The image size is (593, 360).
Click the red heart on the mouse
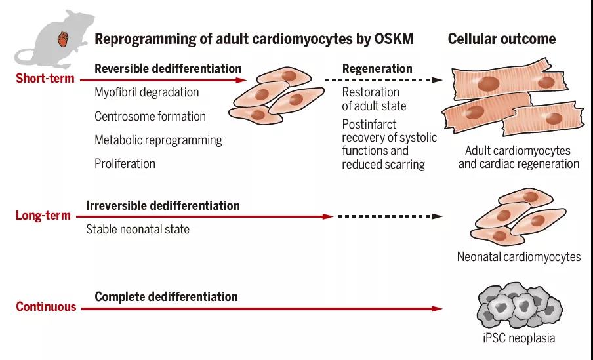[x=63, y=39]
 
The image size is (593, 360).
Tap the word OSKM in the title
[x=394, y=39]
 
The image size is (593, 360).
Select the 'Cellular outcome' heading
[x=502, y=39]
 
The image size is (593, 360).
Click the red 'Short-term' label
[x=45, y=79]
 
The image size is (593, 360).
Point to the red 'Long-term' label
[x=43, y=216]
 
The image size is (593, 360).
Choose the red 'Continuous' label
[x=46, y=306]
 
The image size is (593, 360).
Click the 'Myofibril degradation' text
[x=147, y=92]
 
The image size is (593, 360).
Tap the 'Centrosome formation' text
[x=150, y=117]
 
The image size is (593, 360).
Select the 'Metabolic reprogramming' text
[x=158, y=140]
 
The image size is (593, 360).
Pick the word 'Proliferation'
[x=125, y=164]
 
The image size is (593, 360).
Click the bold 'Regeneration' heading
[x=377, y=69]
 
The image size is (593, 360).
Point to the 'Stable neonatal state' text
[x=138, y=229]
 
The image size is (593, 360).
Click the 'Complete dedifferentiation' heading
[x=166, y=297]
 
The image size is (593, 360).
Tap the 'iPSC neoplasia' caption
[x=519, y=338]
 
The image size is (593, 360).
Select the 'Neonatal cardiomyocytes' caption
[x=519, y=257]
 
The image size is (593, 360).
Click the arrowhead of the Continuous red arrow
[x=437, y=309]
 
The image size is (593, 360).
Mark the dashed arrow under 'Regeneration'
[x=384, y=80]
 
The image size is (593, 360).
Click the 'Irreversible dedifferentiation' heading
[x=163, y=206]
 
